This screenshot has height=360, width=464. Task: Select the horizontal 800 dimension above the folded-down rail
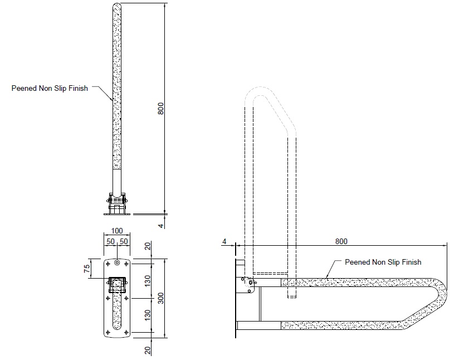click(x=341, y=241)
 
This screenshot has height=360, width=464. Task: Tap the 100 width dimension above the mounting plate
click(x=117, y=231)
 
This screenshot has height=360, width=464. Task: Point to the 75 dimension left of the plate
click(x=87, y=267)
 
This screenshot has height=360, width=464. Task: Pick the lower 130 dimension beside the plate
click(x=146, y=315)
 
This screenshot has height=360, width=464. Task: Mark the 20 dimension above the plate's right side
click(x=146, y=246)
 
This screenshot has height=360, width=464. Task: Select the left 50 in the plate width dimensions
click(x=110, y=241)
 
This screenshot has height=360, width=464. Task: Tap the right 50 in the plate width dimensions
click(x=124, y=241)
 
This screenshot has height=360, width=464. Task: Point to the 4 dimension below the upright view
click(x=161, y=225)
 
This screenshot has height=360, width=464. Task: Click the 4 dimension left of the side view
click(x=224, y=241)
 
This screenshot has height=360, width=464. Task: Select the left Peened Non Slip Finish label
click(x=50, y=88)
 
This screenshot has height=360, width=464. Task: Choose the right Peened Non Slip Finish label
click(x=383, y=262)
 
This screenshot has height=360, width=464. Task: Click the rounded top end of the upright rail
click(x=117, y=7)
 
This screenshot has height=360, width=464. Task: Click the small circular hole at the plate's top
click(x=117, y=262)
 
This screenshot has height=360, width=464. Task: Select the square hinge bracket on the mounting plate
click(x=117, y=285)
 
